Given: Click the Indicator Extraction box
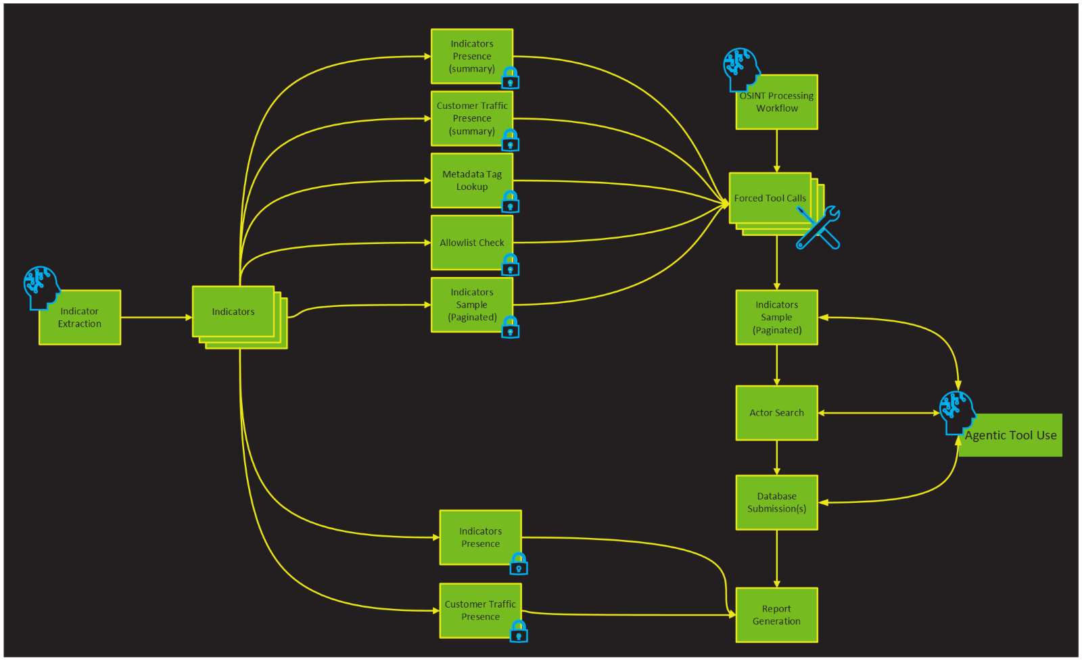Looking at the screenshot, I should [80, 318].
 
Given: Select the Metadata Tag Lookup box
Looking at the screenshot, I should [472, 180].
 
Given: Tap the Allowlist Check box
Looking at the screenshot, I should [472, 243].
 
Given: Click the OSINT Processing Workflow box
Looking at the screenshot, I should [776, 103].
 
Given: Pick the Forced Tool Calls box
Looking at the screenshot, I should [770, 198].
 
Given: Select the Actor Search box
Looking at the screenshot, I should [776, 413].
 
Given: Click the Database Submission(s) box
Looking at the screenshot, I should [776, 502].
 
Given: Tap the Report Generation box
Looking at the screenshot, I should [776, 615].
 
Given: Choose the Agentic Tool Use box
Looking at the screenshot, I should [1010, 435].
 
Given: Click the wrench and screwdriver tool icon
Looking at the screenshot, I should [818, 228].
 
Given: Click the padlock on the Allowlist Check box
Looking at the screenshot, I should [511, 265].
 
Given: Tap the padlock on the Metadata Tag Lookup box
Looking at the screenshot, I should [511, 201].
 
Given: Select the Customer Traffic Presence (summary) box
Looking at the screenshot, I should [472, 118].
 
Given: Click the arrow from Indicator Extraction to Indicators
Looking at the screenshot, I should [156, 317].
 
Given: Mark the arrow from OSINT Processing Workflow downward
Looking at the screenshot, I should [776, 151].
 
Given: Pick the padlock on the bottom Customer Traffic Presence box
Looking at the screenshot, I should [519, 631].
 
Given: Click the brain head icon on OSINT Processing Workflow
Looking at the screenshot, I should [740, 68].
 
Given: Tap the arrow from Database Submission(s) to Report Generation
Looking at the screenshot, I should [776, 558].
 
